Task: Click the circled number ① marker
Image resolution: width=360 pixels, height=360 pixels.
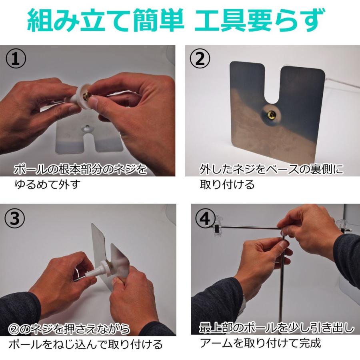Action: (16, 59)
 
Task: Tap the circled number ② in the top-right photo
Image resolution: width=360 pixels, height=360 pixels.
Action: (200, 59)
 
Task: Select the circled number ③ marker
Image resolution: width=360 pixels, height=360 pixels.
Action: (15, 218)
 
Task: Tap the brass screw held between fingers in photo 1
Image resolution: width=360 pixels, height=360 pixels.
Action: (86, 96)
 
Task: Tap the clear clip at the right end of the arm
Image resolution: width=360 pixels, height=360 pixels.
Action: (342, 226)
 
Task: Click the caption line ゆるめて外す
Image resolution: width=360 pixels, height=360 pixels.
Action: (48, 184)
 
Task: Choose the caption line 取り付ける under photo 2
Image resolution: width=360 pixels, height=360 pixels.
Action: (227, 184)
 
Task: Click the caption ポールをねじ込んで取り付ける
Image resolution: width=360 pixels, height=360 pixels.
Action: (86, 344)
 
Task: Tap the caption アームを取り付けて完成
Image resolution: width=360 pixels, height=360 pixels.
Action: (260, 343)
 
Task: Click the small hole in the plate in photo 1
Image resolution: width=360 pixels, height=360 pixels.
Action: (87, 127)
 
